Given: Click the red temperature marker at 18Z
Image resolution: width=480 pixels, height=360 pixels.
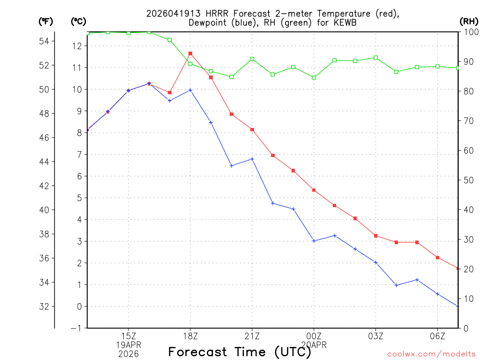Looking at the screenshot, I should coord(190,53).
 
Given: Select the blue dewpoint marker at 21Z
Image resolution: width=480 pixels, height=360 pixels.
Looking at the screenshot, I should coord(252,159).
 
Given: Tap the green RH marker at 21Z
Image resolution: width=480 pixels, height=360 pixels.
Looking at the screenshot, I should coord(252,59).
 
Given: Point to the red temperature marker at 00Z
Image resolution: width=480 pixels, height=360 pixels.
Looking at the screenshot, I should coord(314,190).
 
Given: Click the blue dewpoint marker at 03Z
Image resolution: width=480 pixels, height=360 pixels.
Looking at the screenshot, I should coord(376,262).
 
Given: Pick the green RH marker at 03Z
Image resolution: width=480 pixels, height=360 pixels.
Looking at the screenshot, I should coord(376,58).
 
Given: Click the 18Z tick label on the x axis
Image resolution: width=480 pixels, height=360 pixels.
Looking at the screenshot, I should coord(190,336).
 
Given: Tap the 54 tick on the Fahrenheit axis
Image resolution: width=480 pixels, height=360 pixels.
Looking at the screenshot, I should coord(44,41).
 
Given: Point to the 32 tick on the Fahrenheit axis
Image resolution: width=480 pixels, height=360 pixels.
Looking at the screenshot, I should coord(44,307).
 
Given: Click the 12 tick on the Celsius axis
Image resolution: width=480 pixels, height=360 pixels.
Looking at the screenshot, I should coord(77,46).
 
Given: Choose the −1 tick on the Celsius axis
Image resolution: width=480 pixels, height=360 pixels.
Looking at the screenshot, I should coord(75,328).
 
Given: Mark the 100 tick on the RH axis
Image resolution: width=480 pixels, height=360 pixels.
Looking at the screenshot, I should coord(471,32).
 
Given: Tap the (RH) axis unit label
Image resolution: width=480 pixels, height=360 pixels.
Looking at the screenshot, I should coord(469,21).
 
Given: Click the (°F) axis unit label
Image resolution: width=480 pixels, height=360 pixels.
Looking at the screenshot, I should coord(45,21).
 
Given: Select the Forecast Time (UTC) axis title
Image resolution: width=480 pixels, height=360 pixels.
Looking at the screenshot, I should coord(240,352).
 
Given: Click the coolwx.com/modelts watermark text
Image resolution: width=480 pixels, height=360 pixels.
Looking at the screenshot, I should coord(431,354).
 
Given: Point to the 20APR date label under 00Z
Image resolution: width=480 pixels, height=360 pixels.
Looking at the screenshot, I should coord(314,345).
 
